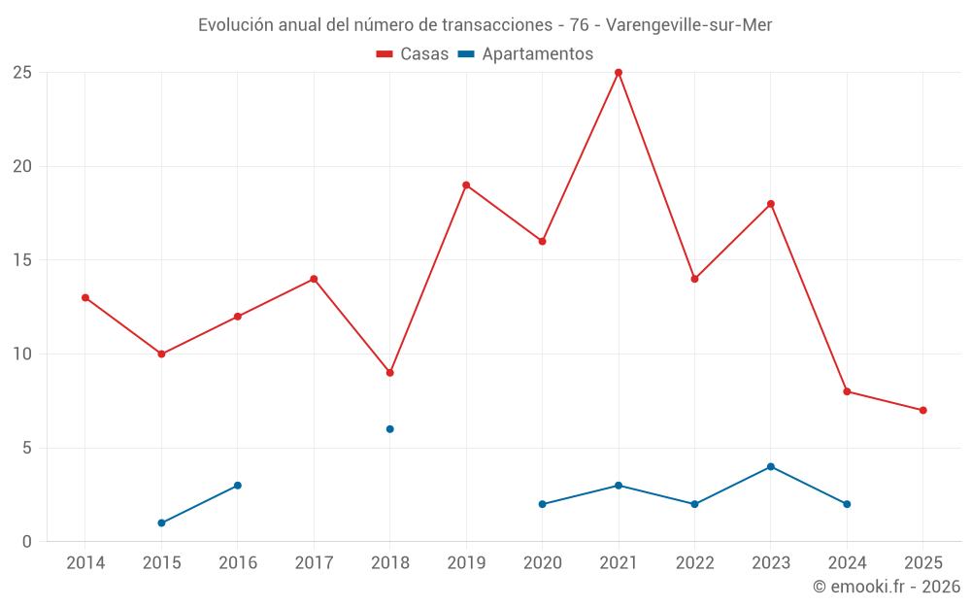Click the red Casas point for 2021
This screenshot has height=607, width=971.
click(619, 73)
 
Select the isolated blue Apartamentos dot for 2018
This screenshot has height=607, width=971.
click(389, 429)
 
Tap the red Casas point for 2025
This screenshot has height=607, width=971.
click(922, 411)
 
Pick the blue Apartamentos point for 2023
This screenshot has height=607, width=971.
click(771, 467)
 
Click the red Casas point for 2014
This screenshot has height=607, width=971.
click(85, 298)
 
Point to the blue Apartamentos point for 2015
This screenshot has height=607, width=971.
click(161, 523)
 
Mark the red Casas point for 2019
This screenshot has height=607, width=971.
click(466, 185)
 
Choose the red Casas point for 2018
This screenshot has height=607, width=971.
click(389, 373)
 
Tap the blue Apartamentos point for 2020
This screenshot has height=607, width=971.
click(542, 505)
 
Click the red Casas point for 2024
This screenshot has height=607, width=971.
click(847, 392)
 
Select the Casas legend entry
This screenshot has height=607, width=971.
click(413, 54)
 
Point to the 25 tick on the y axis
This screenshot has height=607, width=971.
click(22, 73)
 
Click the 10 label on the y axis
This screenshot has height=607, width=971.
click(22, 354)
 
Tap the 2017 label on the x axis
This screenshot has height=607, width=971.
click(314, 563)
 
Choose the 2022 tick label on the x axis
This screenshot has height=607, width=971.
click(694, 563)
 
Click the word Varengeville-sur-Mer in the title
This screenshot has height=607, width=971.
click(688, 25)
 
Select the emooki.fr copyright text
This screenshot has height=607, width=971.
click(887, 587)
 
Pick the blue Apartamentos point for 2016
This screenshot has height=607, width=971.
click(238, 486)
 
